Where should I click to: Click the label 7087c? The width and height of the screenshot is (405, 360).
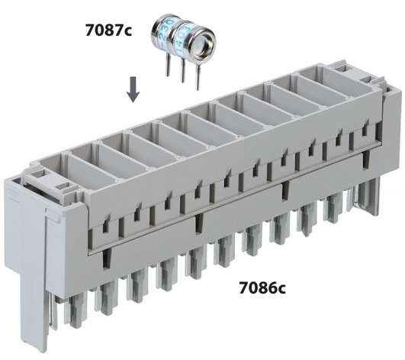pyautogui.click(x=108, y=31)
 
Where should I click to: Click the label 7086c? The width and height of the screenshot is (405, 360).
pyautogui.click(x=262, y=288)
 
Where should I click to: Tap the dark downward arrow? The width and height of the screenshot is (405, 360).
pyautogui.click(x=133, y=89)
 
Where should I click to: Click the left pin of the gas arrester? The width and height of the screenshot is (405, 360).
pyautogui.click(x=167, y=66)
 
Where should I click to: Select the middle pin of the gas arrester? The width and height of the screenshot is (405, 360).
pyautogui.click(x=182, y=70)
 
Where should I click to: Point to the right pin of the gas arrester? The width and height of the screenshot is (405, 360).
pyautogui.click(x=198, y=78)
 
